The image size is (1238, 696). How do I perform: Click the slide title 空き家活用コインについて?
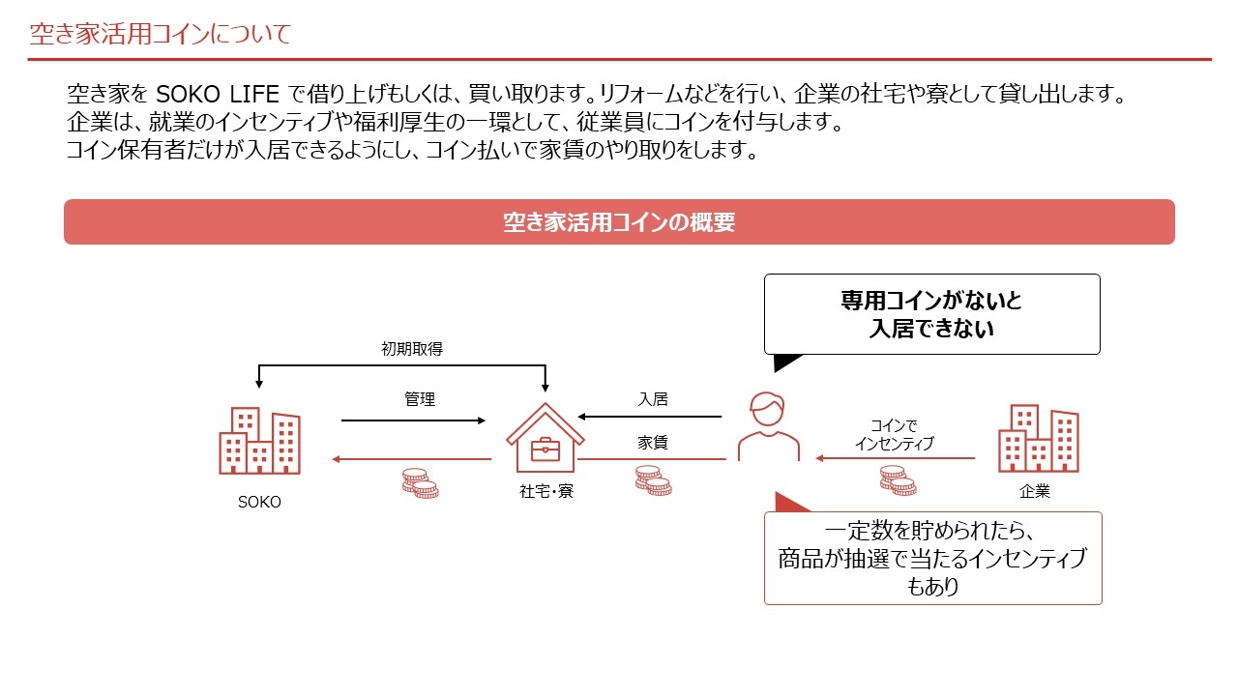[x=161, y=34]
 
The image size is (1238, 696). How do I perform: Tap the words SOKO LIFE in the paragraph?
[x=218, y=94]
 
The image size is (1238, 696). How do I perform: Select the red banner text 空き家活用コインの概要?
[x=619, y=222]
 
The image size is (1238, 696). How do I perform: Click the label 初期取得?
[x=412, y=349]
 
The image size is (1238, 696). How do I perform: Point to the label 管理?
[x=420, y=399]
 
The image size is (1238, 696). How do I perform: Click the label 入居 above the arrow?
[x=653, y=399]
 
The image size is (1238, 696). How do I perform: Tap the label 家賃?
[x=653, y=442]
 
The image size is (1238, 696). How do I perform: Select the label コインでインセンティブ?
[x=895, y=434]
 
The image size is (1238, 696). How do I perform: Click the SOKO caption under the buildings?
[x=259, y=502]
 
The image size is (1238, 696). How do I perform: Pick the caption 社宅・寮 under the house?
[x=546, y=490]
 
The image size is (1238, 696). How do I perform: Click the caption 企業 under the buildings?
[x=1035, y=490]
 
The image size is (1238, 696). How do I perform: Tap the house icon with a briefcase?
[x=545, y=438]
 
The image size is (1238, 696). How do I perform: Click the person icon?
[x=768, y=426]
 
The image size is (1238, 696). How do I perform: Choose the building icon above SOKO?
[x=260, y=440]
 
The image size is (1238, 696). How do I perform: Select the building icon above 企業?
[x=1039, y=438]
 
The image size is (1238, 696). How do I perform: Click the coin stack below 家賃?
[x=653, y=480]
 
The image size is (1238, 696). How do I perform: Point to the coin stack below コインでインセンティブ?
[x=899, y=480]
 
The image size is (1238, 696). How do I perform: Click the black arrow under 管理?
[x=413, y=420]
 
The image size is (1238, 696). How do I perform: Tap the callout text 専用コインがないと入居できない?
[x=931, y=314]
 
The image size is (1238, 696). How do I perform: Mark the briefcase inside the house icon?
[x=545, y=449]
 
